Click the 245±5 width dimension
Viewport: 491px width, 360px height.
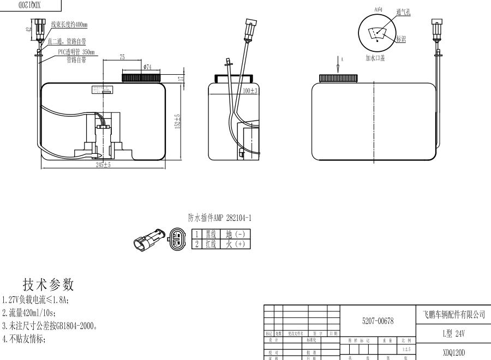(x=104, y=165)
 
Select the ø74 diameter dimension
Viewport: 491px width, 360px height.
(x=147, y=67)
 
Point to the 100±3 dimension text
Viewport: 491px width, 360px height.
(x=250, y=91)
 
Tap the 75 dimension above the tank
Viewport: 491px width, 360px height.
(x=122, y=57)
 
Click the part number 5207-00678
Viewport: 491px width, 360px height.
(x=378, y=321)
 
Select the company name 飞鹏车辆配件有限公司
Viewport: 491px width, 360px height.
(x=454, y=315)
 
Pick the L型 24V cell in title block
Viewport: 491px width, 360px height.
(x=453, y=333)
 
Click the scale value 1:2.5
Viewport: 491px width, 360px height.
(x=406, y=349)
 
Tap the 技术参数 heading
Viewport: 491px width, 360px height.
(x=48, y=285)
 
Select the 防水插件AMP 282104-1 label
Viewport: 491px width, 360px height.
(x=219, y=218)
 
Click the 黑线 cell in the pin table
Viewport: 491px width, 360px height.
(x=211, y=233)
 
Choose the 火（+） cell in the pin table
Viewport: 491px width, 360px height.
(x=235, y=244)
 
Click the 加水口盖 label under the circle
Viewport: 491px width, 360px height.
(x=375, y=57)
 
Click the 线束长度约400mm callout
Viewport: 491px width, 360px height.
(x=69, y=25)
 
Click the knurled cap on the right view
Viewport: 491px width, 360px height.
(x=337, y=77)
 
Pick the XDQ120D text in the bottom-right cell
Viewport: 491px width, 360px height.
(x=453, y=352)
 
